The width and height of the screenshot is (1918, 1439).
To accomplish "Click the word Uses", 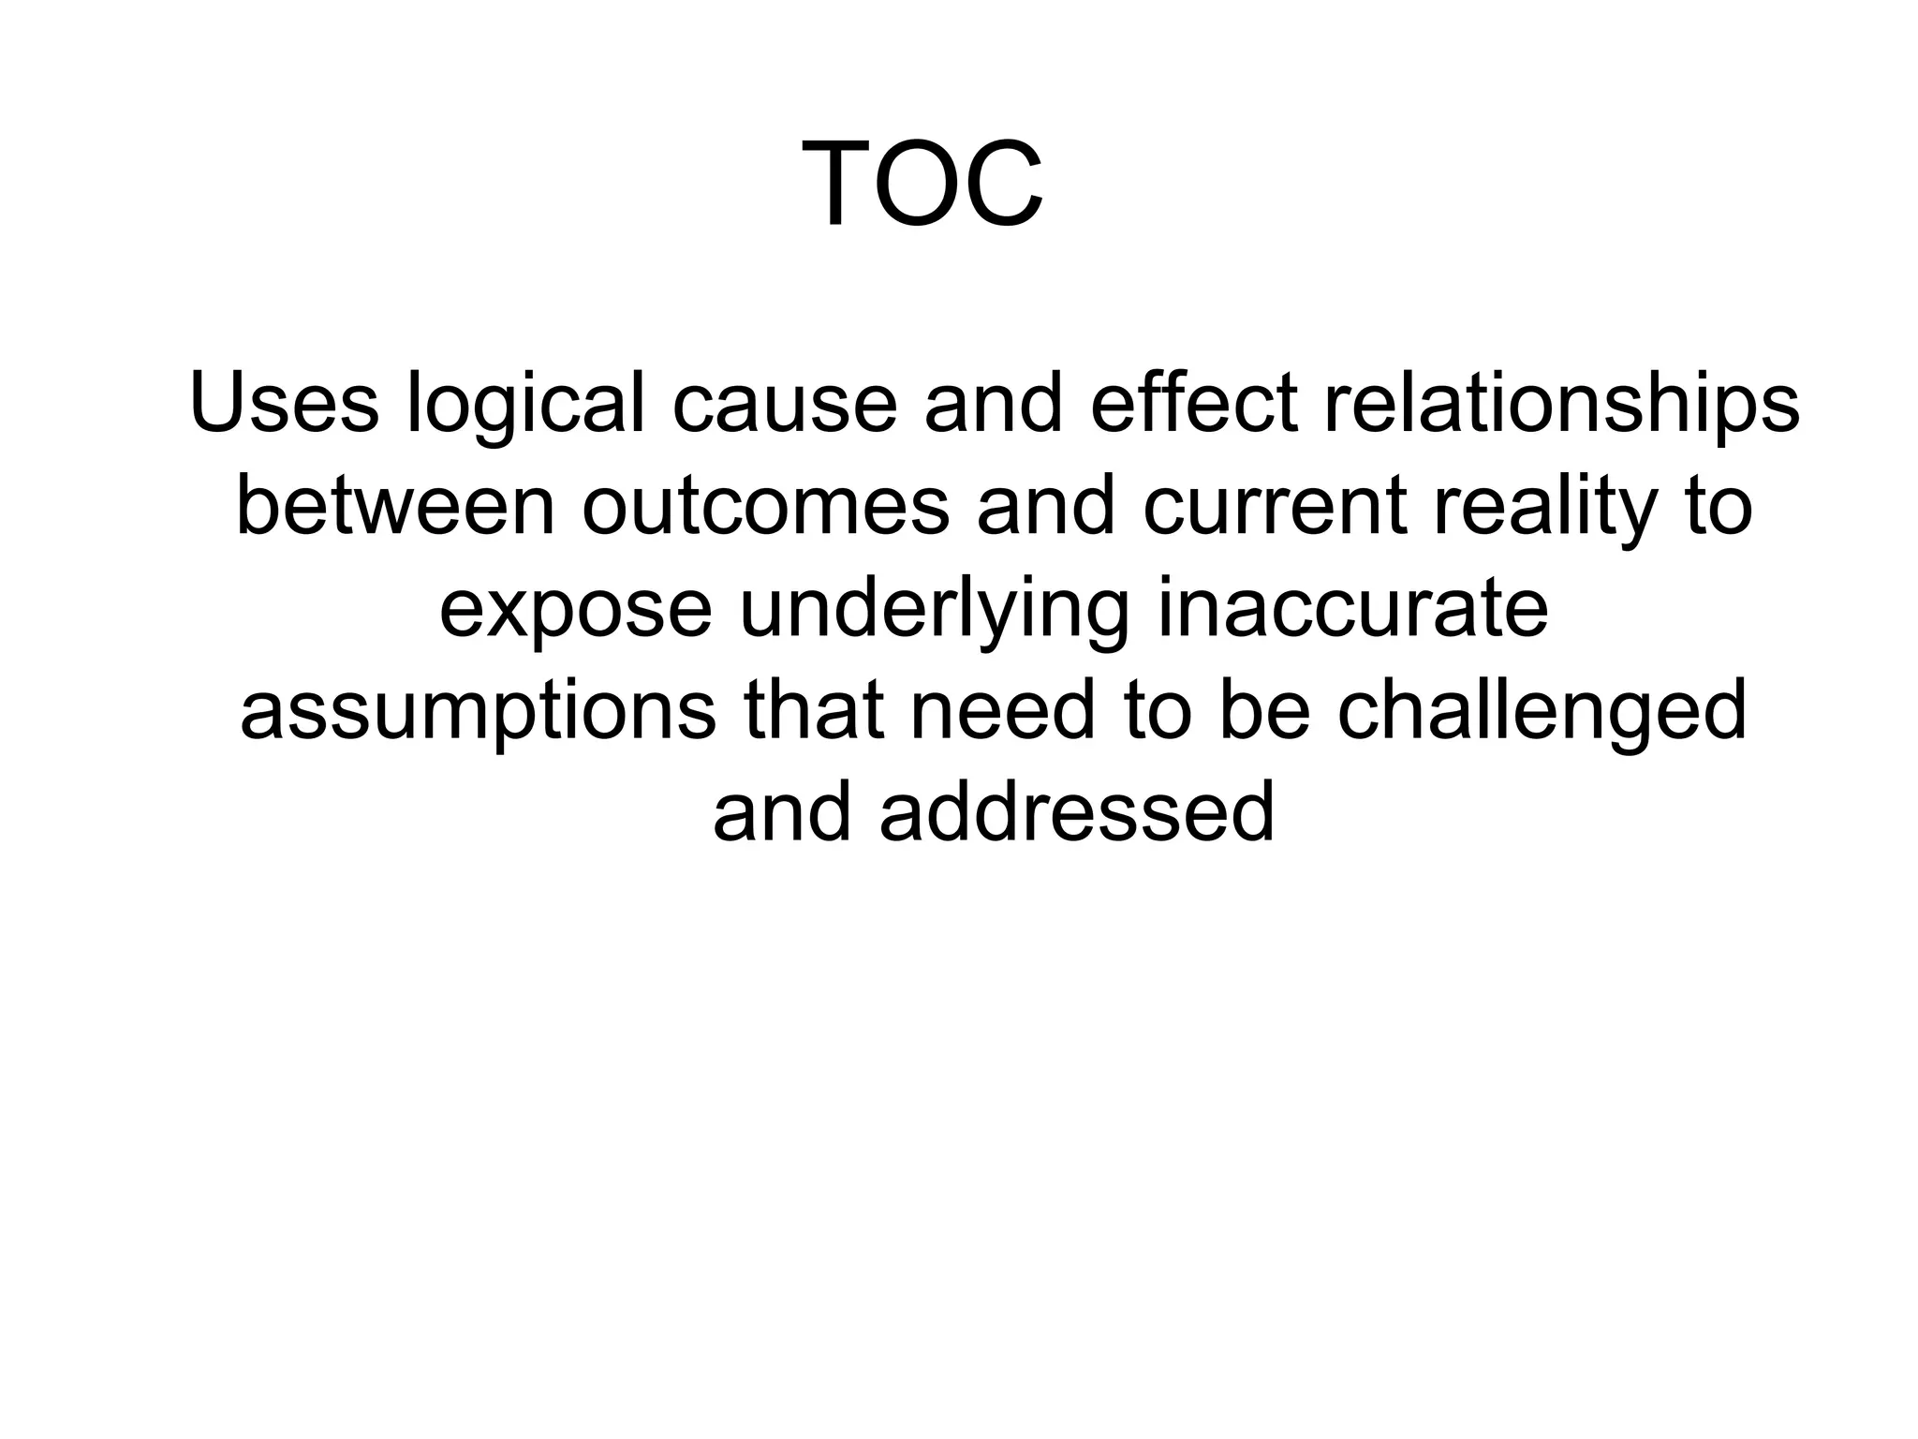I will tap(284, 404).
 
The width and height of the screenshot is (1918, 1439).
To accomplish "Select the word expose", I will tap(575, 612).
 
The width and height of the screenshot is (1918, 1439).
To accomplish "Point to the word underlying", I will tap(934, 612).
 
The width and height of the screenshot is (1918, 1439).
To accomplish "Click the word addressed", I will tap(1077, 812).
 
